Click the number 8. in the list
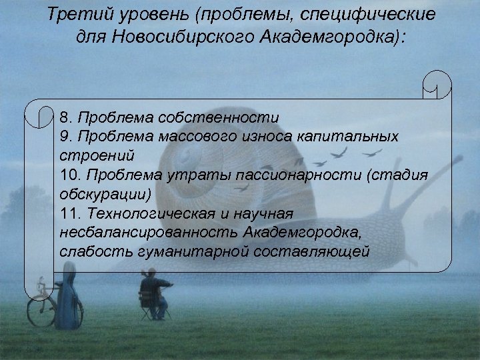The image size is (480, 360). [66, 117]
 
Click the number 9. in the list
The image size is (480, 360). [66, 137]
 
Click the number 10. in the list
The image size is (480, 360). [69, 175]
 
